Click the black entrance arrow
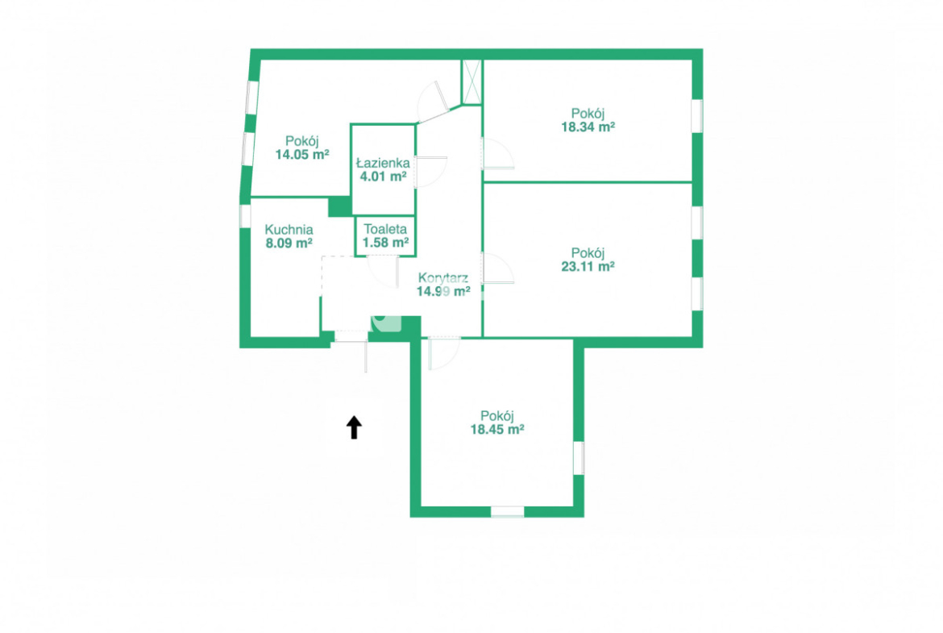coord(354,428)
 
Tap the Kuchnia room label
coord(289,229)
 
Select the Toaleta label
coord(385,229)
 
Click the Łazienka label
coord(383,162)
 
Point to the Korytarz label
coord(443,278)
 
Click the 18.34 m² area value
coord(588,127)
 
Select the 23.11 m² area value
coord(588,267)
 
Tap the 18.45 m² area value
coord(496,430)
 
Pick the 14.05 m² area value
coord(302,155)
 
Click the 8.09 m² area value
coord(289,243)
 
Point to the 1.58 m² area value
coord(385,243)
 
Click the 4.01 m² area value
coord(383,177)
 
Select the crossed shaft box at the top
coord(471,81)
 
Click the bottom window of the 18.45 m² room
coord(508,511)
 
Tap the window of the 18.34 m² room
coord(697,116)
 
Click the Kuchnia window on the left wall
coord(245,216)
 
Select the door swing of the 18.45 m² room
coord(444,354)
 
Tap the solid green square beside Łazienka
coord(340,206)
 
